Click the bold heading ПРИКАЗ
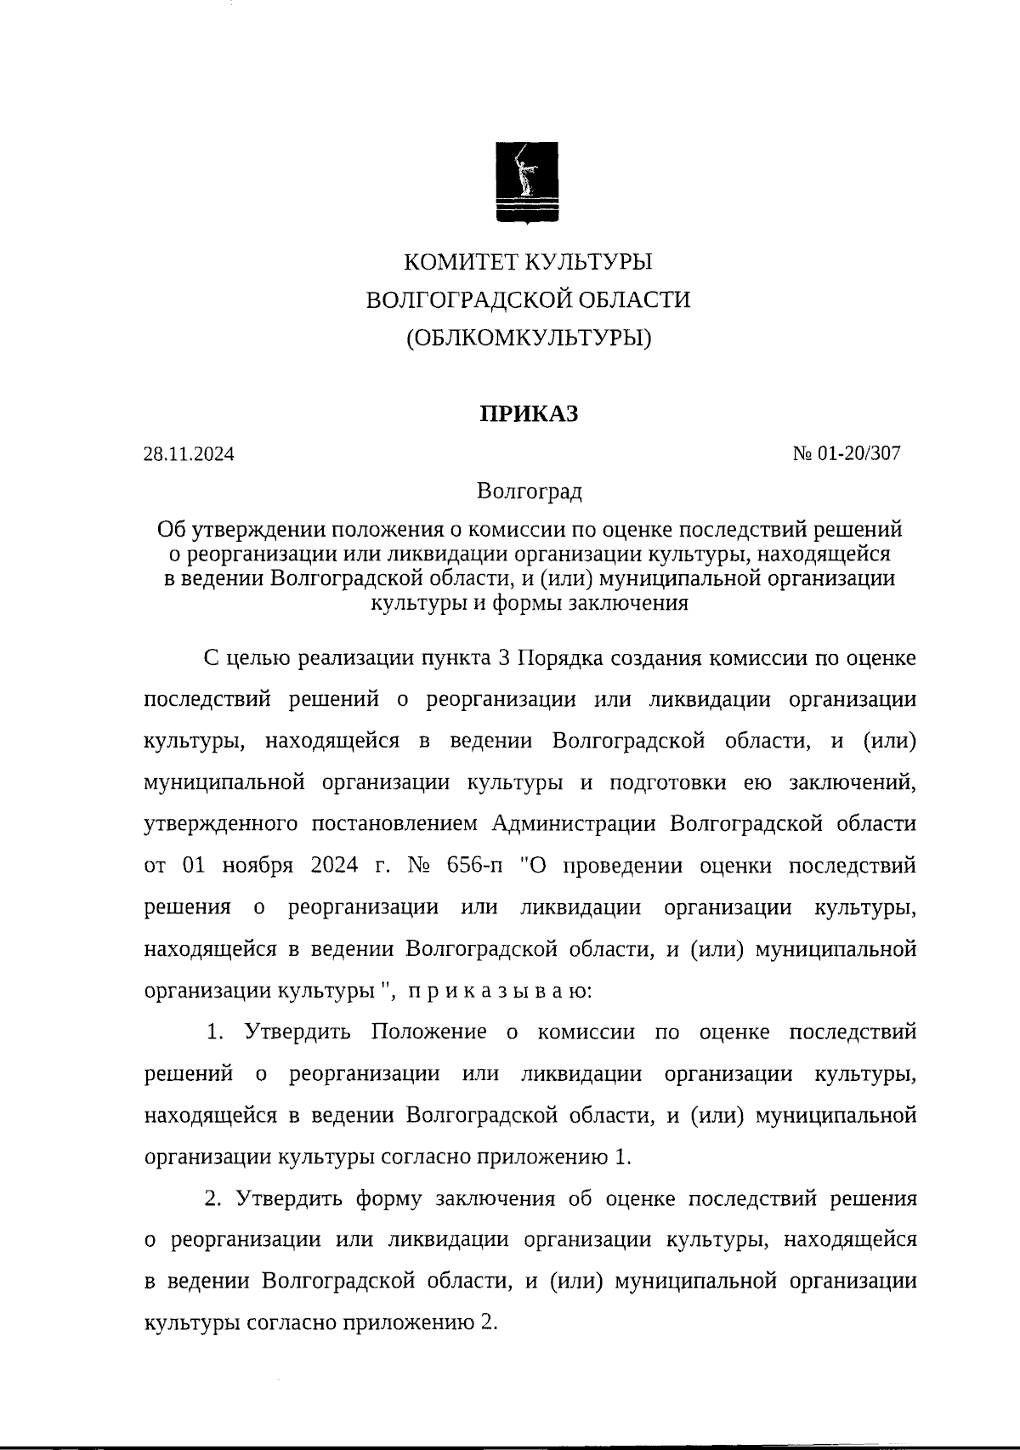coord(528,414)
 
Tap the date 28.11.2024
coord(189,454)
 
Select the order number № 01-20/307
coord(846,453)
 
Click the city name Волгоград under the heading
coord(529,492)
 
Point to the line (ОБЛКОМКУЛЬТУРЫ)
coord(528,338)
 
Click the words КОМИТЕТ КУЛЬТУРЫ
coord(528,261)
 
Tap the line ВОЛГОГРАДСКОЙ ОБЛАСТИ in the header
coord(528,299)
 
